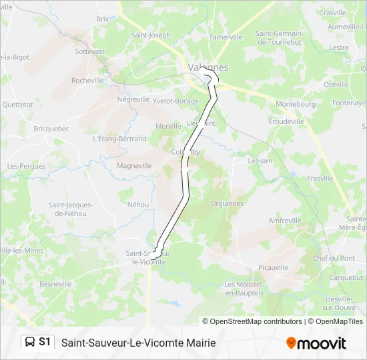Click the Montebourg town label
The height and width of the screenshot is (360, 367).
pyautogui.click(x=296, y=105)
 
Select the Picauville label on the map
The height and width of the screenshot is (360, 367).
pyautogui.click(x=272, y=267)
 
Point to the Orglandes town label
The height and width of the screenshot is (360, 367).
pyautogui.click(x=227, y=203)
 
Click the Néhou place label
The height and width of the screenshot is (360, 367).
pyautogui.click(x=137, y=205)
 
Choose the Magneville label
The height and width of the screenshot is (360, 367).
pyautogui.click(x=134, y=166)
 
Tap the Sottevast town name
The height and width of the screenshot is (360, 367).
pyautogui.click(x=90, y=51)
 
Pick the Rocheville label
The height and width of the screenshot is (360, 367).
pyautogui.click(x=87, y=81)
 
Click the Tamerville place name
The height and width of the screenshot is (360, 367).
pyautogui.click(x=226, y=37)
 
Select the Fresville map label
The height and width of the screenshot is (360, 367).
pyautogui.click(x=321, y=179)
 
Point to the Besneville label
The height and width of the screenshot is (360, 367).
pyautogui.click(x=55, y=283)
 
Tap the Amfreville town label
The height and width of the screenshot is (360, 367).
pyautogui.click(x=285, y=220)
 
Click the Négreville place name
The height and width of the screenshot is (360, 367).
pyautogui.click(x=133, y=99)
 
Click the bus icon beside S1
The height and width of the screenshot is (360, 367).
pyautogui.click(x=30, y=342)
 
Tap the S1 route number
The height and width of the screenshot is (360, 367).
pyautogui.click(x=45, y=342)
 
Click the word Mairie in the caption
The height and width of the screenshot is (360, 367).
pyautogui.click(x=198, y=343)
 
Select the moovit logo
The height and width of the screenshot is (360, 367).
pyautogui.click(x=316, y=343)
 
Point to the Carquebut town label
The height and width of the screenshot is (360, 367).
pyautogui.click(x=346, y=277)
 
